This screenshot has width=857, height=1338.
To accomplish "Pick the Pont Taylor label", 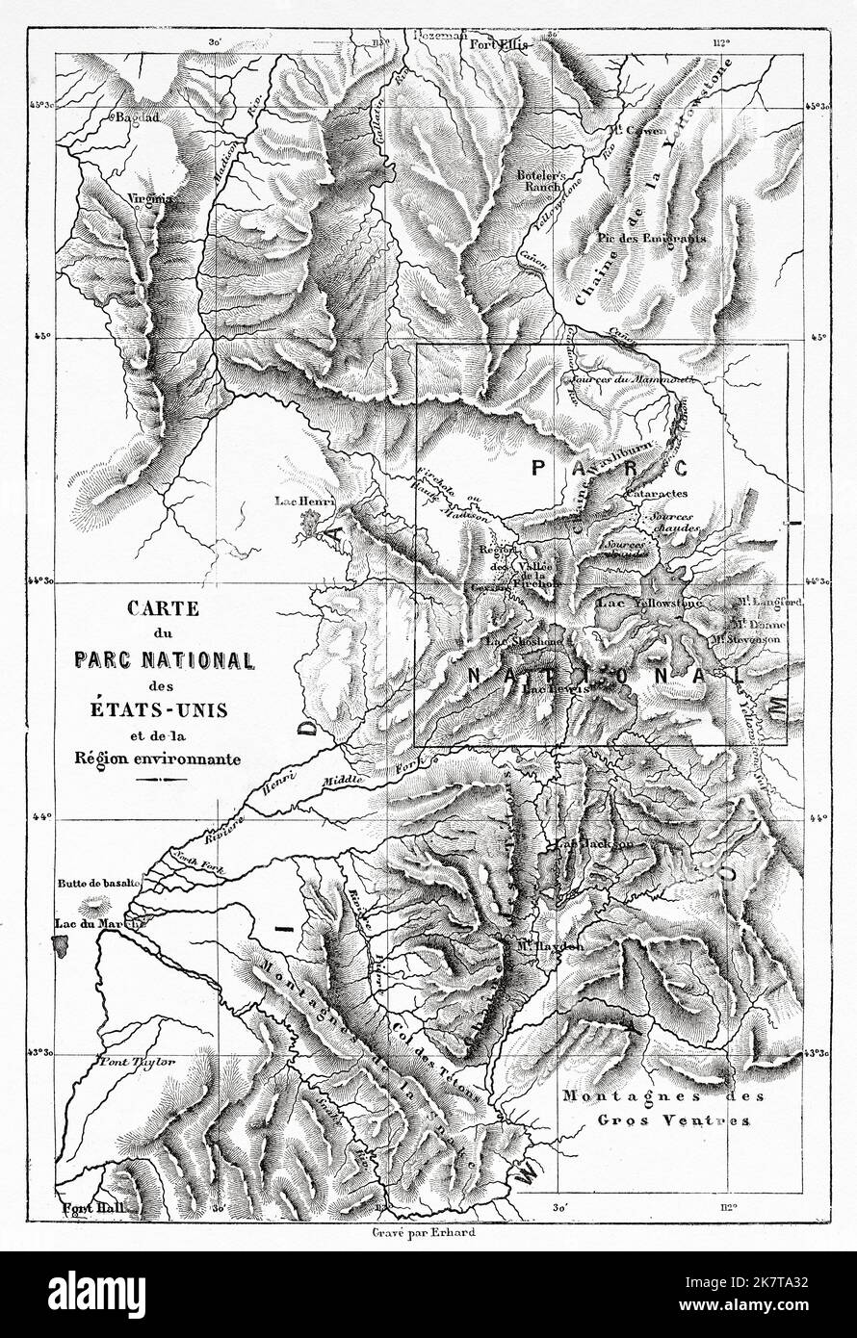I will coord(136,1062).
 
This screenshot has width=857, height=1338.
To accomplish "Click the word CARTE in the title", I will coord(161,608).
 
